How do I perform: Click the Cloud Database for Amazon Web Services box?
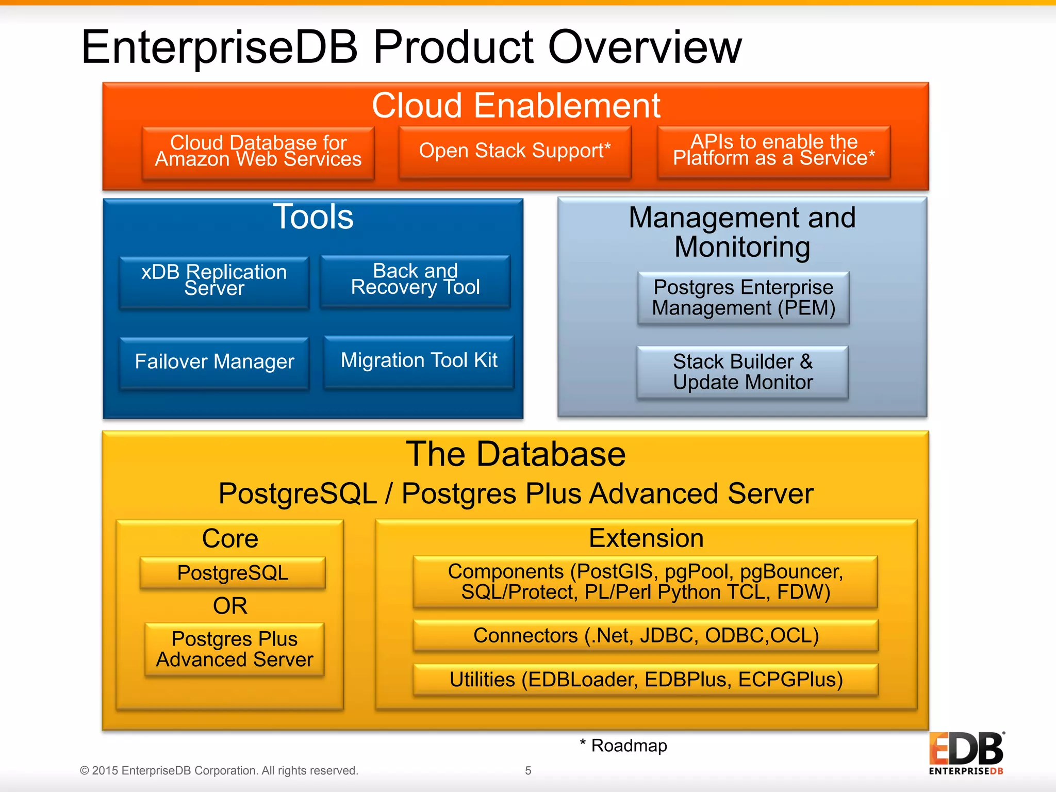tap(258, 152)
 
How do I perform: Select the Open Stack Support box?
tap(515, 152)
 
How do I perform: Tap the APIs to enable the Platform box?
tap(773, 151)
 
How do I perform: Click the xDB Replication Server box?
tap(214, 282)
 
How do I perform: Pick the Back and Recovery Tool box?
tap(415, 280)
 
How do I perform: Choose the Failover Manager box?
tap(214, 362)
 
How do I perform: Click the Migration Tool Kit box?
tap(419, 361)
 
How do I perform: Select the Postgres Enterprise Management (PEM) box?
tap(743, 298)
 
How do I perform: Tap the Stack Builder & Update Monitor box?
tap(742, 372)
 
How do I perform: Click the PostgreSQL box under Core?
tap(233, 572)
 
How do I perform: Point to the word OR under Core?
tap(230, 605)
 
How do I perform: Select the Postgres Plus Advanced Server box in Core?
tap(235, 649)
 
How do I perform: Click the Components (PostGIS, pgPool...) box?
tap(645, 582)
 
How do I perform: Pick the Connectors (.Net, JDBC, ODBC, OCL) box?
tap(646, 635)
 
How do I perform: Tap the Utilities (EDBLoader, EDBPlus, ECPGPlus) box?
tap(646, 680)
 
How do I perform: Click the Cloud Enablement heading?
tap(516, 105)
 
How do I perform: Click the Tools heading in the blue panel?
tap(313, 217)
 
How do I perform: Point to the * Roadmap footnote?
tap(623, 746)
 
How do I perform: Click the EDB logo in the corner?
tap(966, 753)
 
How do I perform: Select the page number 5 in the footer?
tap(528, 770)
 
